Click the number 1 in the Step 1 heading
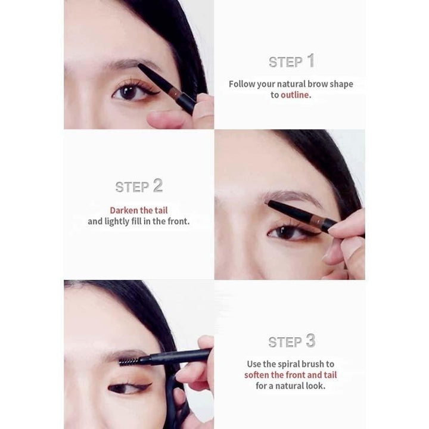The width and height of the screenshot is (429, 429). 310,60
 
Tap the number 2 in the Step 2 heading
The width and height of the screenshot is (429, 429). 157,185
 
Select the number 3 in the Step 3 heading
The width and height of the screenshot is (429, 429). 310,341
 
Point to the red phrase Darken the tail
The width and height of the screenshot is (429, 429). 138,210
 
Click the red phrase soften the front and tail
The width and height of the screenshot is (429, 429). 290,375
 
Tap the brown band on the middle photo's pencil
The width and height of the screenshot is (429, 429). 322,222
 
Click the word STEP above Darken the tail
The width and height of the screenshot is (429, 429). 132,186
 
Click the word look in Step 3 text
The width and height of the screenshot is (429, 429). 314,386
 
